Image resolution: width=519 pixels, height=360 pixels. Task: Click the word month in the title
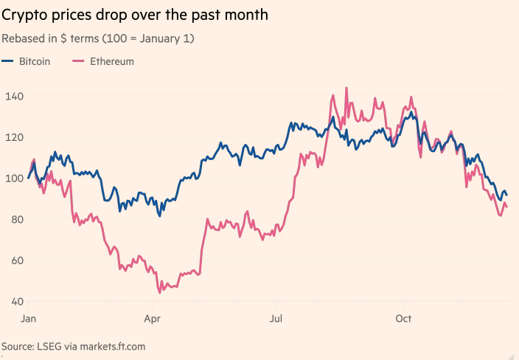click(x=247, y=15)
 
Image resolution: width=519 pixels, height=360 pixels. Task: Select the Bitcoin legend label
click(x=34, y=61)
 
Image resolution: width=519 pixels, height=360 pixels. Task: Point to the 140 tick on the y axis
click(x=14, y=96)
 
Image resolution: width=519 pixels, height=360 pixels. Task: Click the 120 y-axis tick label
click(x=14, y=137)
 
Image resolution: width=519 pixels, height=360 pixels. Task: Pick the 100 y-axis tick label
click(x=14, y=178)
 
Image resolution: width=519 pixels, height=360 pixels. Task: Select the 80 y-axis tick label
click(x=11, y=219)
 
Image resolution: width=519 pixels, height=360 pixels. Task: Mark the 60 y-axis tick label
click(x=11, y=260)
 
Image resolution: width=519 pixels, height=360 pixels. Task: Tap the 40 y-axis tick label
click(x=11, y=302)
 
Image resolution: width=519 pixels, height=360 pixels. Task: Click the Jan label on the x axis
click(x=29, y=319)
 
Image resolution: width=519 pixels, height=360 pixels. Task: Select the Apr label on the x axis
click(x=152, y=319)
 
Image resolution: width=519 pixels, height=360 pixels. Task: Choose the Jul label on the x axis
click(x=276, y=319)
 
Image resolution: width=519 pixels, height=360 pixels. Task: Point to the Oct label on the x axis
click(x=403, y=319)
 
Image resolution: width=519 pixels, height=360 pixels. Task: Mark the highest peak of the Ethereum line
click(x=346, y=89)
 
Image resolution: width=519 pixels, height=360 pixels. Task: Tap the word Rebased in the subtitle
click(x=21, y=38)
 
